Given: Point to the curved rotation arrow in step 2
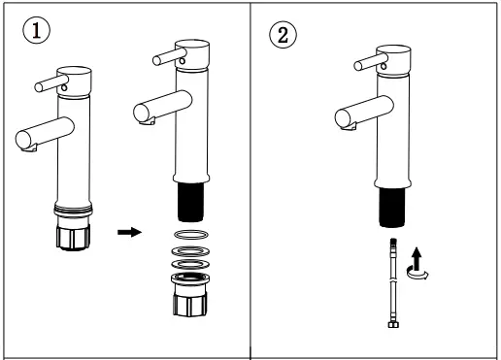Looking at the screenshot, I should [420, 275].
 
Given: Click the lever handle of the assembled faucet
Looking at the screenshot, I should [47, 86].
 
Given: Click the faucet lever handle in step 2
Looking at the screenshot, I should [367, 64].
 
